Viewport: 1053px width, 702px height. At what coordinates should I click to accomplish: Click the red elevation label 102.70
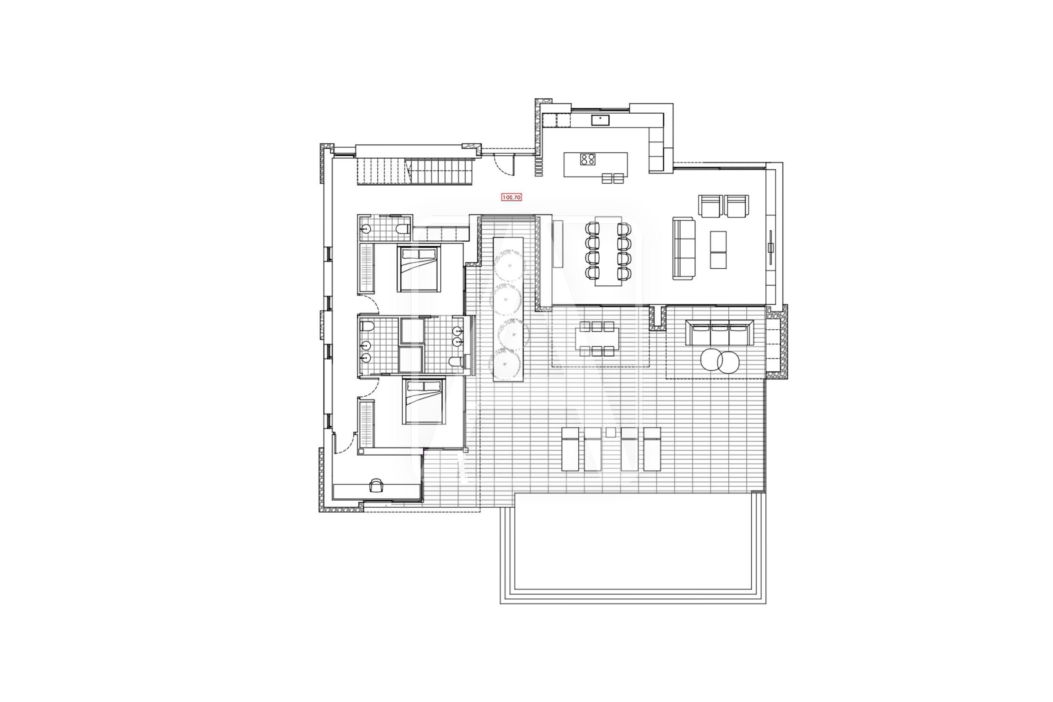coord(511,197)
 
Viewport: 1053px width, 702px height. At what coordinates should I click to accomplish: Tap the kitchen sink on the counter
coord(600,120)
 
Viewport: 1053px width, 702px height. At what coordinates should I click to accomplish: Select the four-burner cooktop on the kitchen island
coord(588,159)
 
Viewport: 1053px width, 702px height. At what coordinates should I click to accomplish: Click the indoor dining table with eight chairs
coord(608,251)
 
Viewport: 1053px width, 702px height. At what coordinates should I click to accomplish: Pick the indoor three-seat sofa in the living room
coord(684,248)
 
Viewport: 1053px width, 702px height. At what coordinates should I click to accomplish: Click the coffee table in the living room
coord(718,250)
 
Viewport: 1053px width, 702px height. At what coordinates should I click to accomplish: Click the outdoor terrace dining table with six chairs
coord(597,339)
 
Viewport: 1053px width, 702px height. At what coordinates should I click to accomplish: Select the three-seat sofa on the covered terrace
coord(719,333)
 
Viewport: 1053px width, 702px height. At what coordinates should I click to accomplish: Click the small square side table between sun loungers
coord(611,432)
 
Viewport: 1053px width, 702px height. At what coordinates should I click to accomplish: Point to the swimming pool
coord(633,548)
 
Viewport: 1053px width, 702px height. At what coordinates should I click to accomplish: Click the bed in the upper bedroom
coord(419,269)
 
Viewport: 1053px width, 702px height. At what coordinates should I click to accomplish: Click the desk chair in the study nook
coord(377,485)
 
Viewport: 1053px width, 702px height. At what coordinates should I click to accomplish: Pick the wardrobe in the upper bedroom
coord(366,269)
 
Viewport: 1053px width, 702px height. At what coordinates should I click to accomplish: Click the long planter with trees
coord(508,310)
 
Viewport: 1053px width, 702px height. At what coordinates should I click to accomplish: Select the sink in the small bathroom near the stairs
coord(365,229)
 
